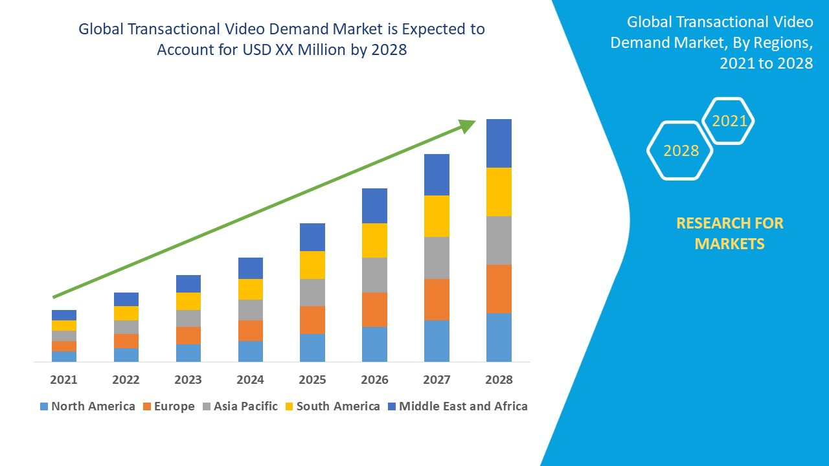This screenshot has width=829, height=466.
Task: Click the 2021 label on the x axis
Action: pos(63,379)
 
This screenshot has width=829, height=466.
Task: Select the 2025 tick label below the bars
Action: pos(312,379)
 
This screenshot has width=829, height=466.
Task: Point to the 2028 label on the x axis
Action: pos(499,379)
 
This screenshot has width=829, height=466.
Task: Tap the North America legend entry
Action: pos(87,406)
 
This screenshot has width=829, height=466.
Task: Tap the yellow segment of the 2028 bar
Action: pos(499,192)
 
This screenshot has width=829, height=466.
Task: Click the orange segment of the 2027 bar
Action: pos(437,299)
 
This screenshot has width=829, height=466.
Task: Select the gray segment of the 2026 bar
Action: pos(374,275)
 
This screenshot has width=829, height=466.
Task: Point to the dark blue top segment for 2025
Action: pos(312,237)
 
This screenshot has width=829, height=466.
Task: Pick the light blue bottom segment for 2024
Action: pos(250,351)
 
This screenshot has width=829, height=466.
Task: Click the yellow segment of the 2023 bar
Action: pos(188,301)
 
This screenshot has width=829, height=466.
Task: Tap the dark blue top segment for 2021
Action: pos(63,315)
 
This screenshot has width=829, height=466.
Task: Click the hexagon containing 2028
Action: pos(680,151)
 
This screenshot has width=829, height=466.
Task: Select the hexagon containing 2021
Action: pos(729,121)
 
